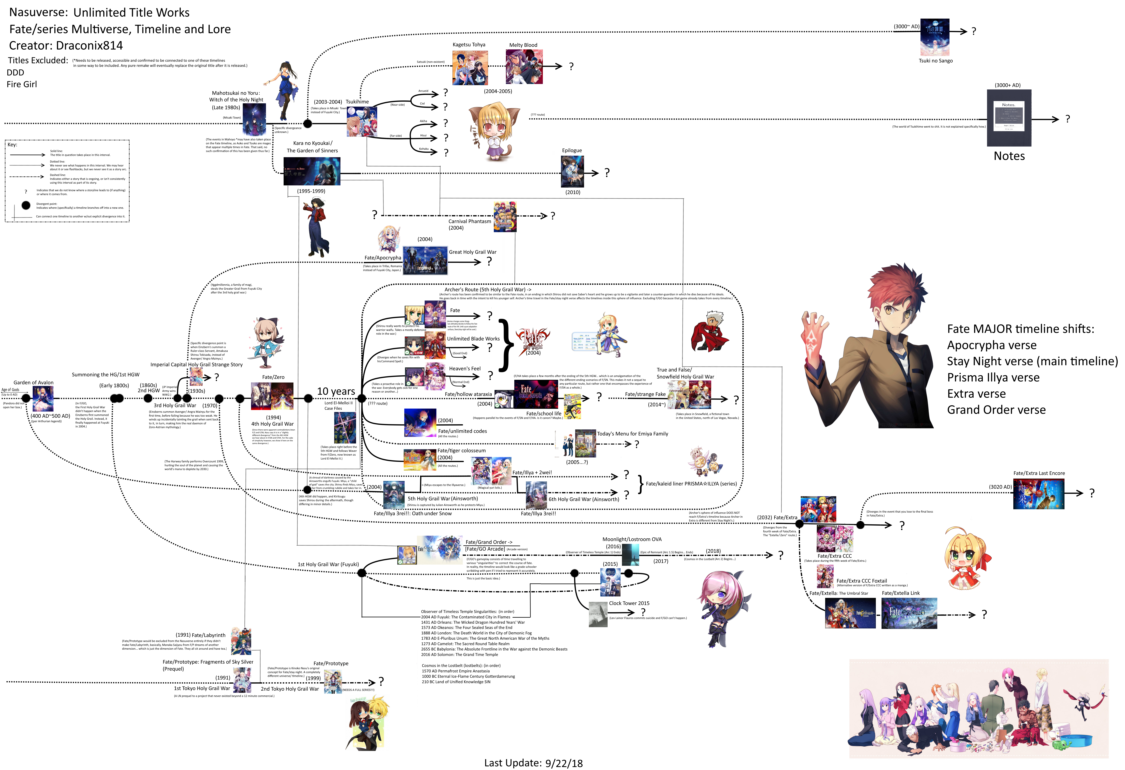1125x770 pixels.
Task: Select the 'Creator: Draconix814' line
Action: [x=66, y=45]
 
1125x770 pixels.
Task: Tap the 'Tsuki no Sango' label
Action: [x=935, y=61]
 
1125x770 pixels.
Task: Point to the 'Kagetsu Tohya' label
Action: [x=469, y=45]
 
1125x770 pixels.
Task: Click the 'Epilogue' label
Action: [x=572, y=151]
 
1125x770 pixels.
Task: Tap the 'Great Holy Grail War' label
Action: [x=472, y=252]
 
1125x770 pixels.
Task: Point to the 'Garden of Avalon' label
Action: [x=33, y=383]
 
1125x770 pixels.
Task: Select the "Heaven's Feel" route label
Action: [x=465, y=369]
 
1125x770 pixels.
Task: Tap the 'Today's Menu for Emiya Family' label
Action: [x=632, y=434]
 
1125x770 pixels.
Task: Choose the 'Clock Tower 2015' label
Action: [x=629, y=603]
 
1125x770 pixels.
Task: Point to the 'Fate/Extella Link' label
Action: [x=900, y=593]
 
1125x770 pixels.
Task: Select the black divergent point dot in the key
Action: [x=26, y=205]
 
